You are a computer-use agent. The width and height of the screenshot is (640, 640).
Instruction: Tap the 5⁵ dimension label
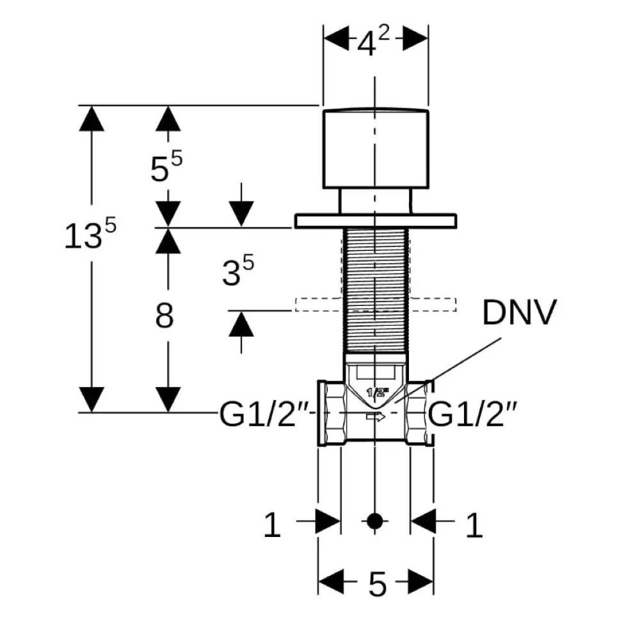pos(166,166)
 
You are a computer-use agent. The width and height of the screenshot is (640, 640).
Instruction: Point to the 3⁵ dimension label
pos(238,270)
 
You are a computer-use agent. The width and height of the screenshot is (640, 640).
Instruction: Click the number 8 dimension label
pos(164,316)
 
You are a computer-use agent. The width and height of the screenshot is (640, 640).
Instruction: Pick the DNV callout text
pos(519,313)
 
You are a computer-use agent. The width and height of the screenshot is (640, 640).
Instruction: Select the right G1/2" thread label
pos(473,413)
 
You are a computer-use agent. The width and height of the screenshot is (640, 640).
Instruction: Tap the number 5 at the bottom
pos(377,584)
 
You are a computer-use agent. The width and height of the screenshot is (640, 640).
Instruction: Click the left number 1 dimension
pos(272,525)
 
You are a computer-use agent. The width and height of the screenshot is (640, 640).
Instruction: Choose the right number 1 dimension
pos(474,525)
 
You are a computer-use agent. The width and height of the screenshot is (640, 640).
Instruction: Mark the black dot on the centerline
pos(374,521)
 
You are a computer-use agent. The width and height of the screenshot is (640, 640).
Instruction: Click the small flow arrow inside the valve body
pos(376,417)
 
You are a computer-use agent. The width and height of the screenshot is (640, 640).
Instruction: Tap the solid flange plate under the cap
pos(376,221)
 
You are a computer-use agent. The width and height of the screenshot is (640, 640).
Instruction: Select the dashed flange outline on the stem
pos(376,305)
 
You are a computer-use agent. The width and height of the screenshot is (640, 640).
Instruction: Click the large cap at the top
pos(376,149)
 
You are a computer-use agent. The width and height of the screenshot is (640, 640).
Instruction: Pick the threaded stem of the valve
pos(376,290)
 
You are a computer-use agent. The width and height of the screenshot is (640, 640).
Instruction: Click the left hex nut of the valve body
pos(332,413)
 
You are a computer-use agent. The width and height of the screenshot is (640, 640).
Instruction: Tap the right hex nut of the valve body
pos(420,413)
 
